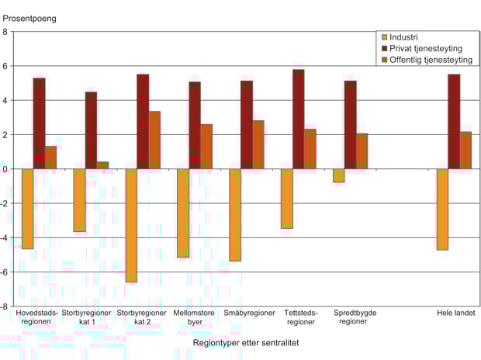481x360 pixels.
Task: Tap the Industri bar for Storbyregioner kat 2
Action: point(131,225)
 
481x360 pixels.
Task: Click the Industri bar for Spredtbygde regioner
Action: point(338,175)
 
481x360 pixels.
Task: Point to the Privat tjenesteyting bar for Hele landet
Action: point(454,121)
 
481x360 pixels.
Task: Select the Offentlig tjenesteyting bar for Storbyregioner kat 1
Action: point(102,165)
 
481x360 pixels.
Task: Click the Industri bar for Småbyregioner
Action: point(235,215)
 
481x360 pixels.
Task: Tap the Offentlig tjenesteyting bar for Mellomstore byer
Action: point(206,147)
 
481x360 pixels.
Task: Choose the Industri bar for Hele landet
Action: point(442,209)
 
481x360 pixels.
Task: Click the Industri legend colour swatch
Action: point(382,36)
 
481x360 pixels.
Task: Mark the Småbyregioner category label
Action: point(249,313)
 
